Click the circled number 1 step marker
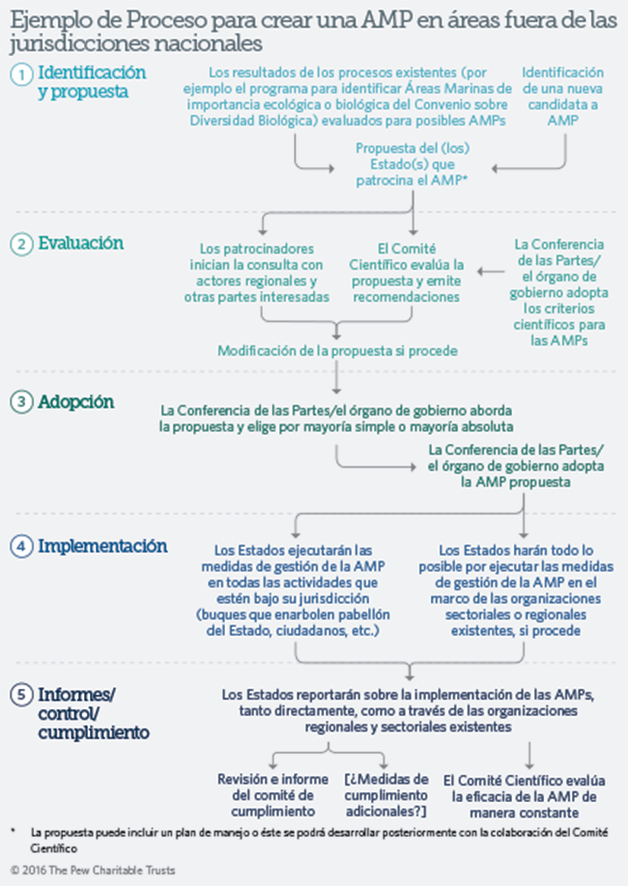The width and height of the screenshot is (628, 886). pyautogui.click(x=20, y=74)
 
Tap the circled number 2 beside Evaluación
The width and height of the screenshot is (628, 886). pyautogui.click(x=20, y=244)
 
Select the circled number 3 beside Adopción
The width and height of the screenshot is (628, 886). pyautogui.click(x=20, y=402)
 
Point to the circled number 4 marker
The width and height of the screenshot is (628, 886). pyautogui.click(x=20, y=547)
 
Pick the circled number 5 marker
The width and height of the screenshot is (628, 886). pyautogui.click(x=20, y=695)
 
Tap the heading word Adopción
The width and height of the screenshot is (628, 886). pyautogui.click(x=76, y=401)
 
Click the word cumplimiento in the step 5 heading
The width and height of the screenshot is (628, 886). pyautogui.click(x=93, y=732)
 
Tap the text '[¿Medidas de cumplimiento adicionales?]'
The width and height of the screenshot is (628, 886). pyautogui.click(x=385, y=794)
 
